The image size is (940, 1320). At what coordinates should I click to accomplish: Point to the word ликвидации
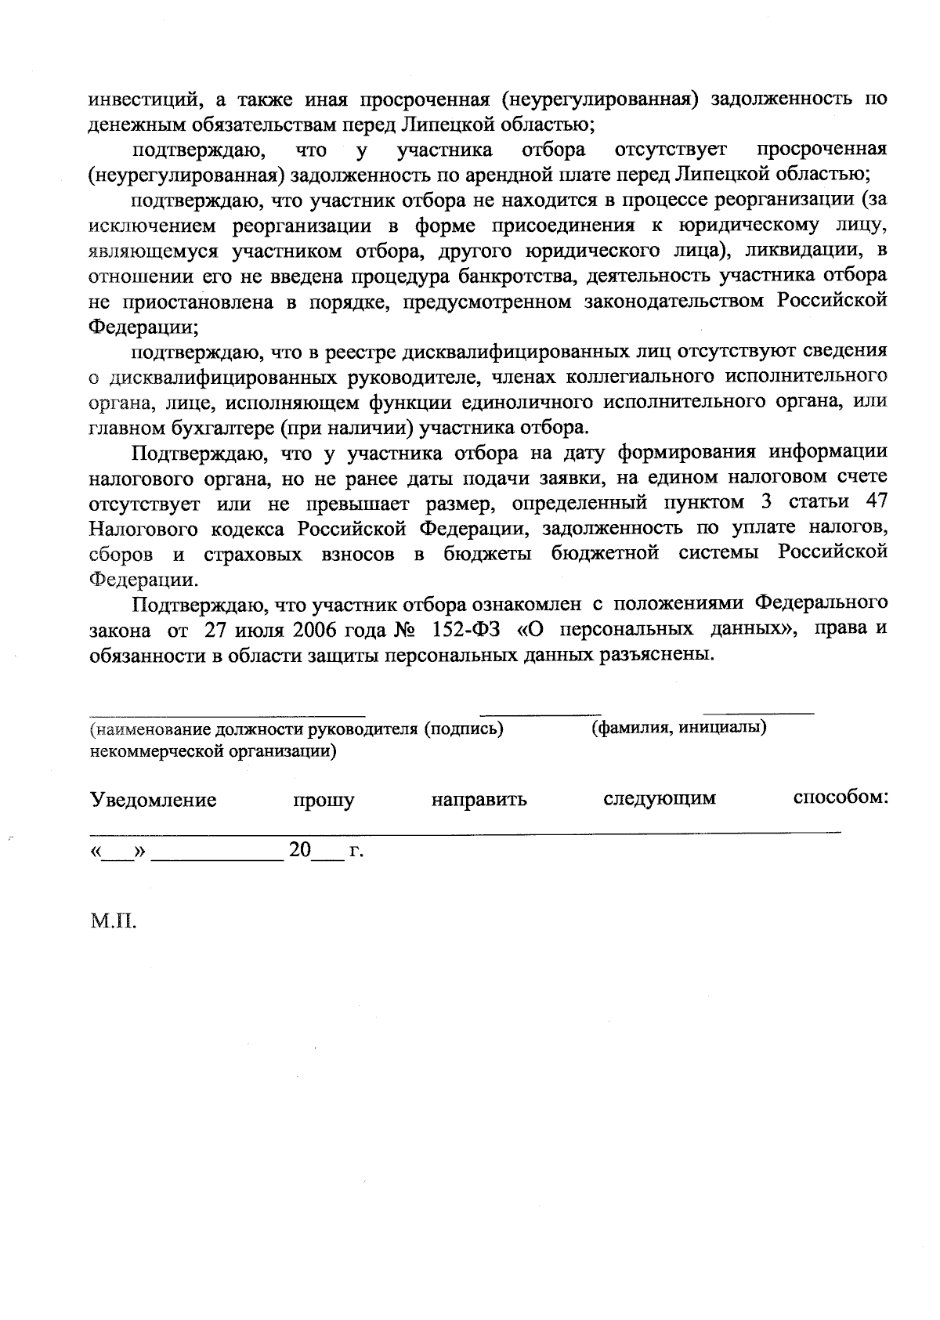tap(799, 251)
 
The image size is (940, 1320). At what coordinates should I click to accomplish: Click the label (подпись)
tap(463, 729)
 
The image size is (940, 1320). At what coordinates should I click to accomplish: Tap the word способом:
tap(840, 797)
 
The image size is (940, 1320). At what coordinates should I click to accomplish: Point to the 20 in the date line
tap(300, 849)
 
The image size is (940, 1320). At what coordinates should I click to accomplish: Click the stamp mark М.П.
tap(114, 921)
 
